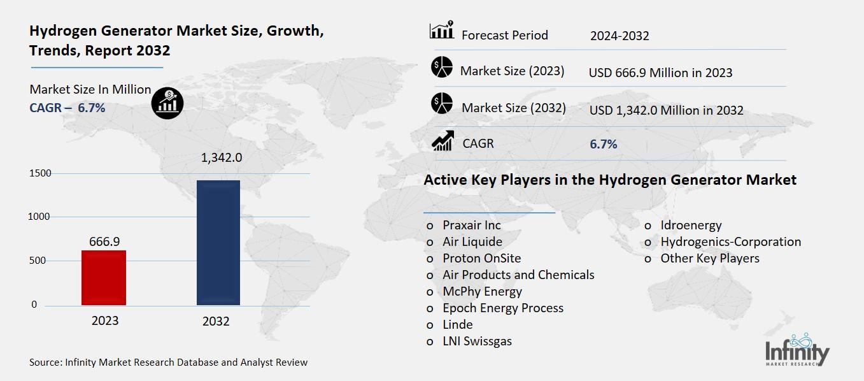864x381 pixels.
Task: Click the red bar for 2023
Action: [104, 278]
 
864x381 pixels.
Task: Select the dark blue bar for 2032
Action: [218, 243]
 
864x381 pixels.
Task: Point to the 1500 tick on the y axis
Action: [39, 173]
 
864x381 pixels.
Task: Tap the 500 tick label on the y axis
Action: [39, 261]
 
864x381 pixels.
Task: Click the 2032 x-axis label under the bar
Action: [216, 321]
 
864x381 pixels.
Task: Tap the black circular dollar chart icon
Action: [167, 101]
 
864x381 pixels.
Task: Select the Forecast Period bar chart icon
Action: [442, 30]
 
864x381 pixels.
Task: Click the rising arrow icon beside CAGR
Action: [443, 141]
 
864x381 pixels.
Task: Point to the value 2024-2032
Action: [619, 36]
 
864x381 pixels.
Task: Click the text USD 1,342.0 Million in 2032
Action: [666, 110]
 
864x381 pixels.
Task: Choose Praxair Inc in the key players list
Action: [472, 225]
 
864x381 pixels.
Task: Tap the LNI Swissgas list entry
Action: [477, 341]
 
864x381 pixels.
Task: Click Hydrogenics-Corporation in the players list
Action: [730, 241]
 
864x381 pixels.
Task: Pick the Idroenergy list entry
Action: [691, 225]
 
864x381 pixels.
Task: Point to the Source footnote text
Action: [168, 363]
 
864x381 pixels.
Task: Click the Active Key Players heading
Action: [609, 180]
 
